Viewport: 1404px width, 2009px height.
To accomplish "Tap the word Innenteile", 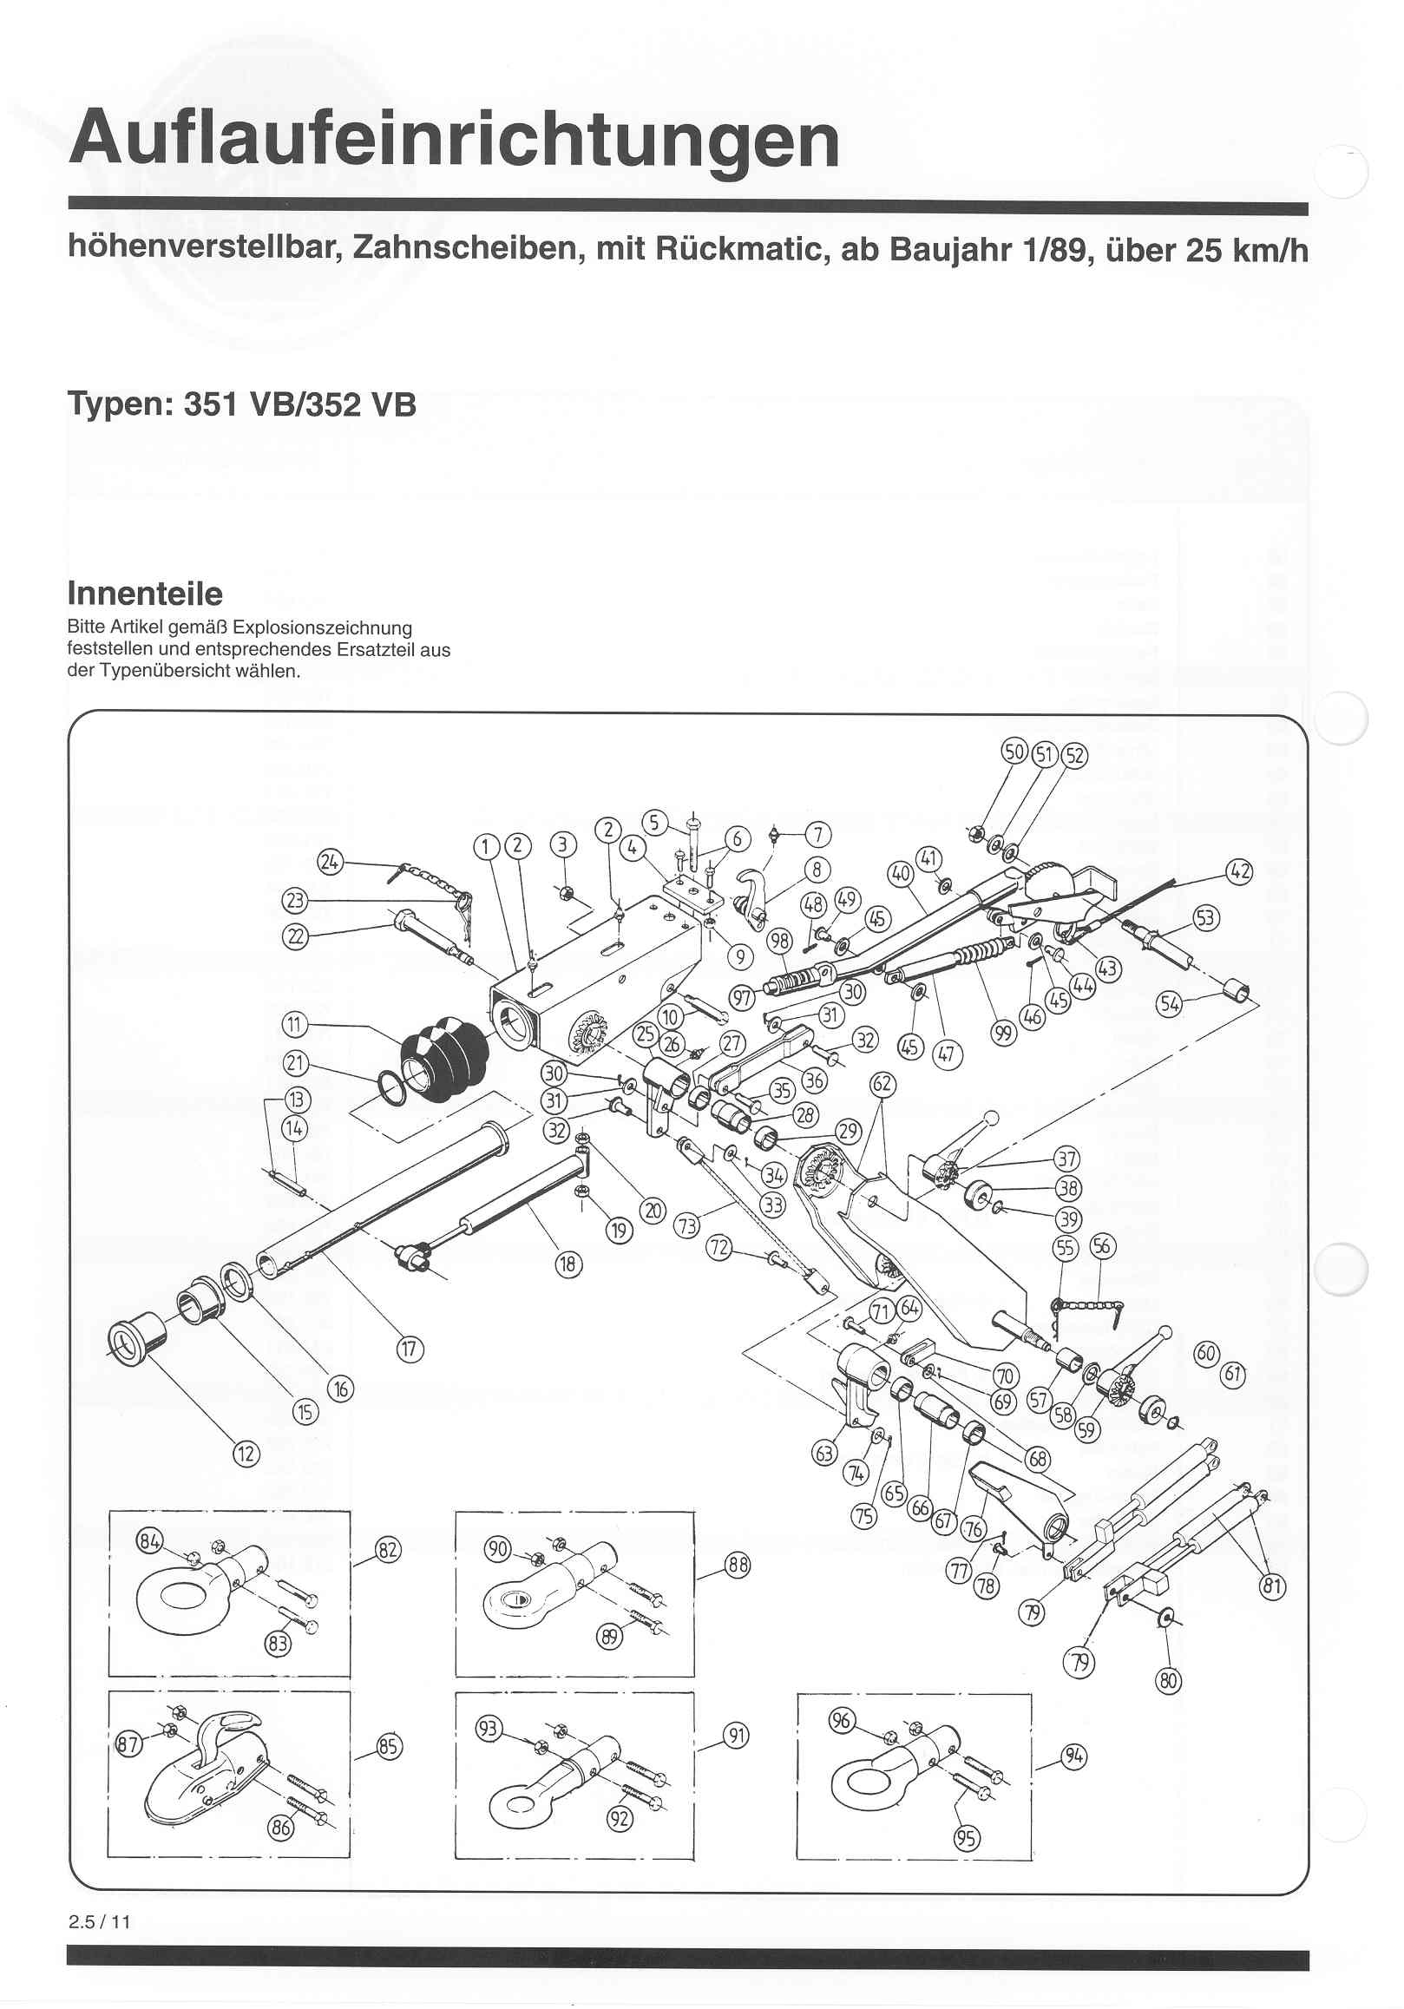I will click(x=144, y=594).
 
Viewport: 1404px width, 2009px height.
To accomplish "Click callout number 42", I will click(x=1239, y=871).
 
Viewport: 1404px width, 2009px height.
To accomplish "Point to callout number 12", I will click(x=246, y=1454).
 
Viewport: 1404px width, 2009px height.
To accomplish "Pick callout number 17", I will click(x=410, y=1349).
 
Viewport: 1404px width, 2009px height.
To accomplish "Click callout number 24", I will click(x=330, y=862).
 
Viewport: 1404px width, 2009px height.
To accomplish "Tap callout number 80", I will click(x=1169, y=1681).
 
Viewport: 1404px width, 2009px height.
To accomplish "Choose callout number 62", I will click(x=882, y=1085).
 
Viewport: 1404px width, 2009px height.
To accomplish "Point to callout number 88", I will click(x=738, y=1565).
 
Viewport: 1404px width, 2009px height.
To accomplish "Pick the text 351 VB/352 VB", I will click(x=300, y=405).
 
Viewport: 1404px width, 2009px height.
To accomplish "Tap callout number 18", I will click(x=568, y=1264).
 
